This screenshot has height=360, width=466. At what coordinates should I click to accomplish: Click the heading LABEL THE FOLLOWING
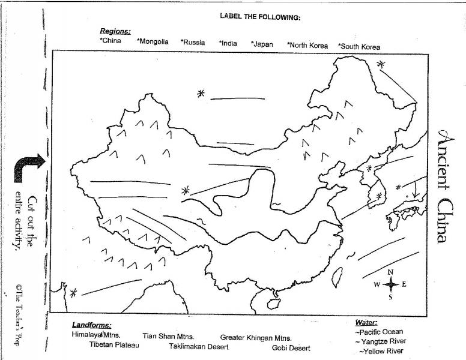pyautogui.click(x=260, y=17)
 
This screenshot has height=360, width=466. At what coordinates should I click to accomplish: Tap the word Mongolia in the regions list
pyautogui.click(x=153, y=43)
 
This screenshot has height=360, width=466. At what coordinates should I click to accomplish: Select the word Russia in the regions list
pyautogui.click(x=193, y=43)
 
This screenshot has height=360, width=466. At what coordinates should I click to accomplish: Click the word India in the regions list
pyautogui.click(x=228, y=43)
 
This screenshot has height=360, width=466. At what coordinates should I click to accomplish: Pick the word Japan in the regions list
pyautogui.click(x=262, y=44)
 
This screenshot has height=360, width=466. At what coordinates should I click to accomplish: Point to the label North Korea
pyautogui.click(x=307, y=45)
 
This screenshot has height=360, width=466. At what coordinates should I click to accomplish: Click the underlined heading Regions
pyautogui.click(x=115, y=31)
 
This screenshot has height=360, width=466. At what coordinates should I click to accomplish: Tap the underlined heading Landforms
pyautogui.click(x=91, y=325)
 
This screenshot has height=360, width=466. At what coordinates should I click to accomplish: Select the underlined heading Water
pyautogui.click(x=366, y=323)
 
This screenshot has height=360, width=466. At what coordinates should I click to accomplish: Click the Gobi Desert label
pyautogui.click(x=291, y=348)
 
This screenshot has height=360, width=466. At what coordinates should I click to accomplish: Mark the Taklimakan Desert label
pyautogui.click(x=198, y=347)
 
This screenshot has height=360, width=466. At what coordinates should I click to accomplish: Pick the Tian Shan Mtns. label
pyautogui.click(x=168, y=337)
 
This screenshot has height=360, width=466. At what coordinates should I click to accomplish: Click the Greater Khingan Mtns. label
pyautogui.click(x=256, y=338)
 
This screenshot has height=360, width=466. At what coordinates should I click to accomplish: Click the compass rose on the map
pyautogui.click(x=390, y=284)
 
